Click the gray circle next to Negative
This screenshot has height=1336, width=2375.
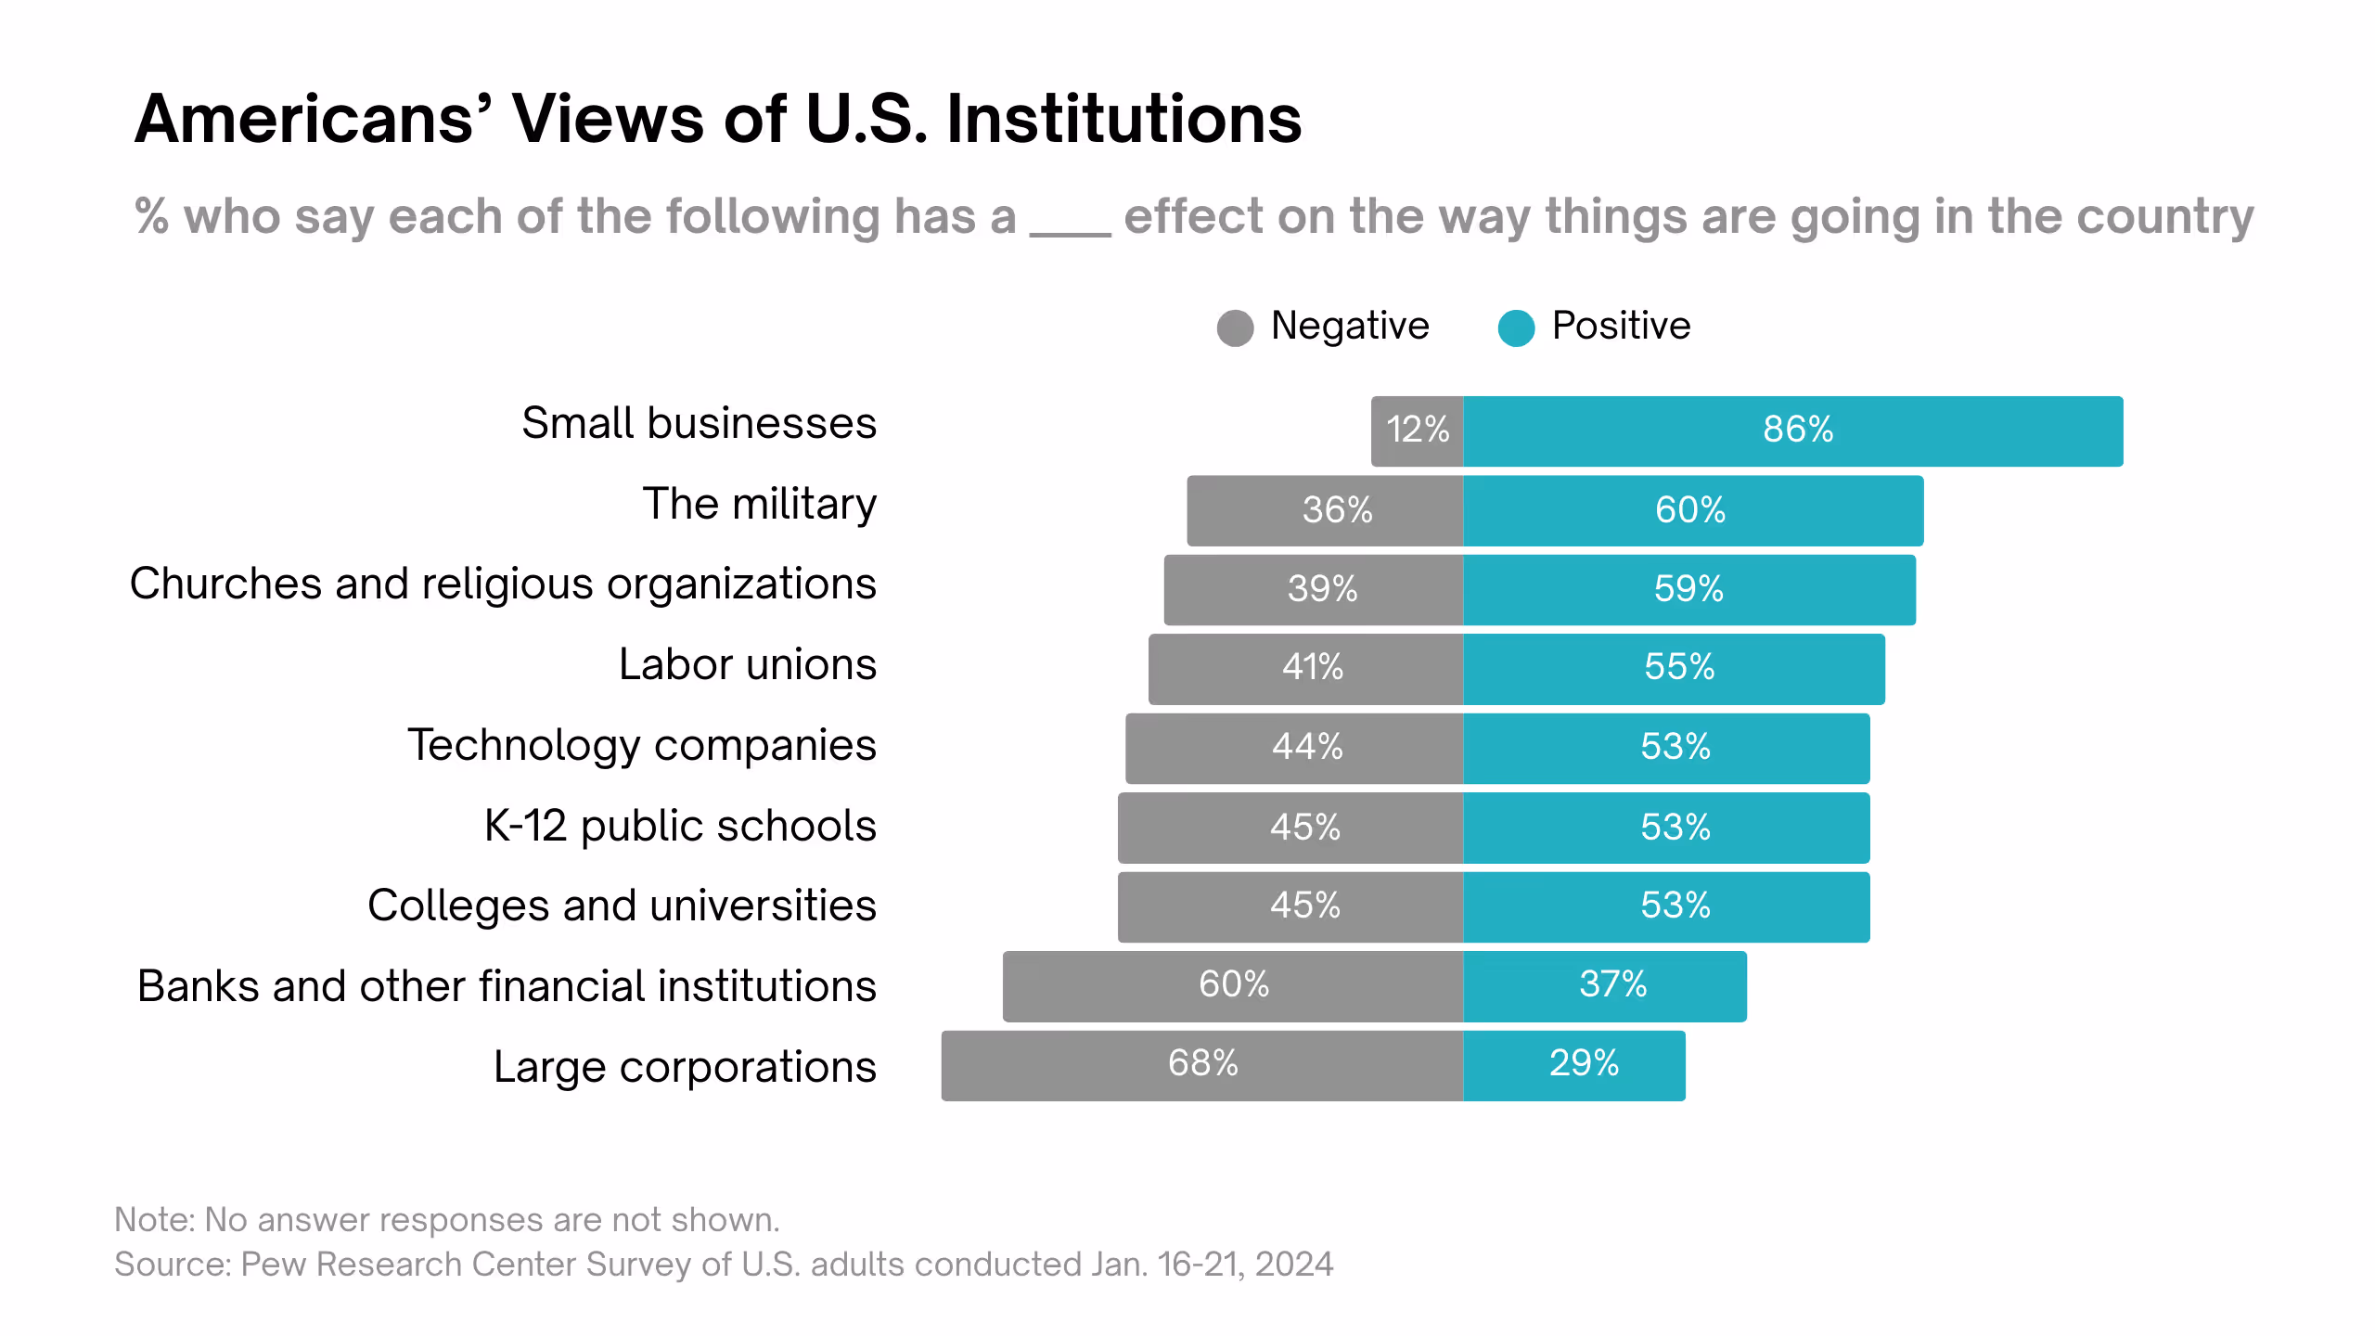pyautogui.click(x=1235, y=328)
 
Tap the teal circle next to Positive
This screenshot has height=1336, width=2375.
pyautogui.click(x=1516, y=328)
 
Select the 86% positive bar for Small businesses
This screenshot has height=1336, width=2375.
pyautogui.click(x=1792, y=430)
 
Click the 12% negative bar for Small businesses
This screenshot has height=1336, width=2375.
pyautogui.click(x=1417, y=430)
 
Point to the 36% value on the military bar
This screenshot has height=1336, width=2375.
pyautogui.click(x=1337, y=509)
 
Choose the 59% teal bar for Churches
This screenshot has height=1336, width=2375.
pyautogui.click(x=1688, y=589)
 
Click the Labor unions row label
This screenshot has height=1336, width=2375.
pyautogui.click(x=747, y=664)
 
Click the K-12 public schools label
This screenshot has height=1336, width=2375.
pyautogui.click(x=680, y=825)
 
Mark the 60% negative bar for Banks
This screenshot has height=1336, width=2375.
pyautogui.click(x=1233, y=985)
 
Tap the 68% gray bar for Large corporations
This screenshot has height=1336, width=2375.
pyautogui.click(x=1202, y=1064)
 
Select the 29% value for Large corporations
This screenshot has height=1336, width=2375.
pyautogui.click(x=1584, y=1063)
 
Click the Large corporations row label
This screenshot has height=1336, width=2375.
pyautogui.click(x=685, y=1066)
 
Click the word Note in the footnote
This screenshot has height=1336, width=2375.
pyautogui.click(x=151, y=1219)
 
